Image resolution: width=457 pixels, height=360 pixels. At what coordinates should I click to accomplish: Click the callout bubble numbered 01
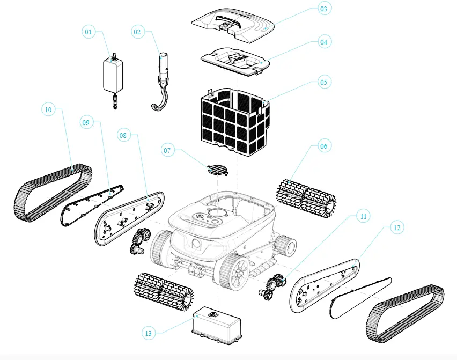pos(89,32)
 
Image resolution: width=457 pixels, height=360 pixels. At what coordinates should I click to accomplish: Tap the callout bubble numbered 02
pos(137,32)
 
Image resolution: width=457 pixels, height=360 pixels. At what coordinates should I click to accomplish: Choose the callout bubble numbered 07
pos(167,151)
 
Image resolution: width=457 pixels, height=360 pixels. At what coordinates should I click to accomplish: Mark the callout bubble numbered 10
pos(48,109)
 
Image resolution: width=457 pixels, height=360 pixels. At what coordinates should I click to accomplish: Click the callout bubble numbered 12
pos(396,227)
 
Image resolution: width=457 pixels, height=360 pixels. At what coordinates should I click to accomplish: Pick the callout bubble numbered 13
pos(149,333)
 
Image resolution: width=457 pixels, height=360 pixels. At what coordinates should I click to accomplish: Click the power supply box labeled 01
pos(113,75)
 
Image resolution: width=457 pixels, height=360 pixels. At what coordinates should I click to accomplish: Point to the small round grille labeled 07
pos(218,170)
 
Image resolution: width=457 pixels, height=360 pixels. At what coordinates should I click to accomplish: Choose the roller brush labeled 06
pos(306,196)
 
